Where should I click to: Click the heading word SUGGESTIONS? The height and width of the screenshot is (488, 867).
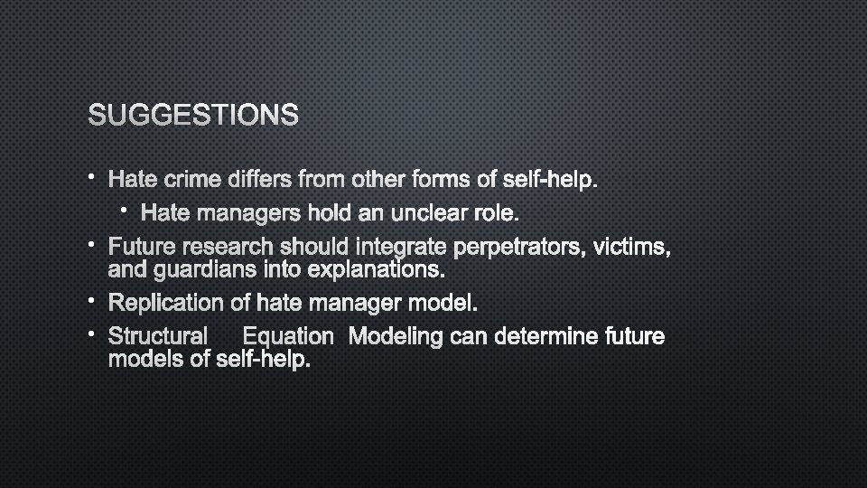(x=193, y=115)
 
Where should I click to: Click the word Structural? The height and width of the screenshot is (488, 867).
(x=158, y=336)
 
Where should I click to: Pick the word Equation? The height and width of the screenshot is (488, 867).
(x=288, y=336)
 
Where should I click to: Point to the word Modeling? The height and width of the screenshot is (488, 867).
(x=395, y=336)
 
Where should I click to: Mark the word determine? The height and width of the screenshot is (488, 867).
(x=541, y=336)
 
